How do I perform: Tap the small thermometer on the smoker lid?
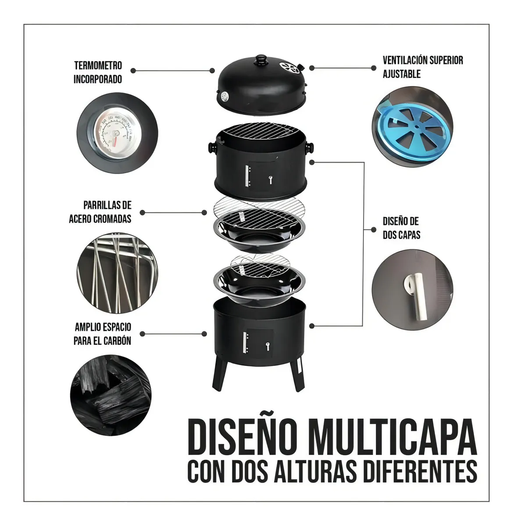coord(224,96)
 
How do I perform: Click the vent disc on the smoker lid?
coord(289,68)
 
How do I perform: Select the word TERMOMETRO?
coord(98,65)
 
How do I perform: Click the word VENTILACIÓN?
coord(405,60)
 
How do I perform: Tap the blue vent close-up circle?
coord(413,127)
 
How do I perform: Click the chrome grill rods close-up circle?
coord(118,273)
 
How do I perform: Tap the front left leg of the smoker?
coord(219,375)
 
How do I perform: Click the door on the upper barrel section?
coord(261,176)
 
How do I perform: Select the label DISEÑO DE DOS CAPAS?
coord(402,228)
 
